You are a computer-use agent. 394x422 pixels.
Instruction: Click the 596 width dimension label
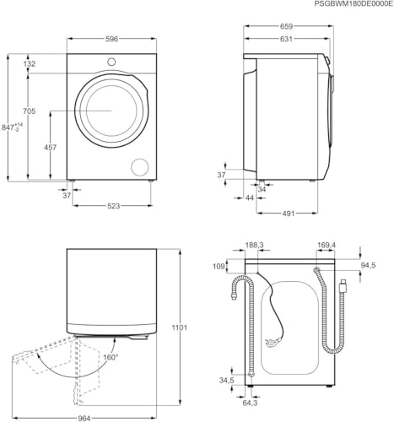[x=111, y=39]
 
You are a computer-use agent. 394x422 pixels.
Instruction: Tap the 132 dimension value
[x=30, y=64]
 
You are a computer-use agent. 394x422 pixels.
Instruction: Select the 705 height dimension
[x=30, y=111]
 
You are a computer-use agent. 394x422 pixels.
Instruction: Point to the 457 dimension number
[x=50, y=147]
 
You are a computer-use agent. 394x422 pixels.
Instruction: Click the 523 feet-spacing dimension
[x=114, y=206]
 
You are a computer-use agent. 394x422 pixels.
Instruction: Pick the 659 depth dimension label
[x=286, y=26]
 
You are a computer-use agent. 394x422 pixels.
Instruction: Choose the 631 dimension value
[x=286, y=39]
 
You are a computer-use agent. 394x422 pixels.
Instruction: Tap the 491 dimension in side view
[x=289, y=214]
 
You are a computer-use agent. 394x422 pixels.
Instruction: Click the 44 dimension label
[x=250, y=197]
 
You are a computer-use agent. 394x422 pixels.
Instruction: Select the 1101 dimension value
[x=180, y=327]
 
